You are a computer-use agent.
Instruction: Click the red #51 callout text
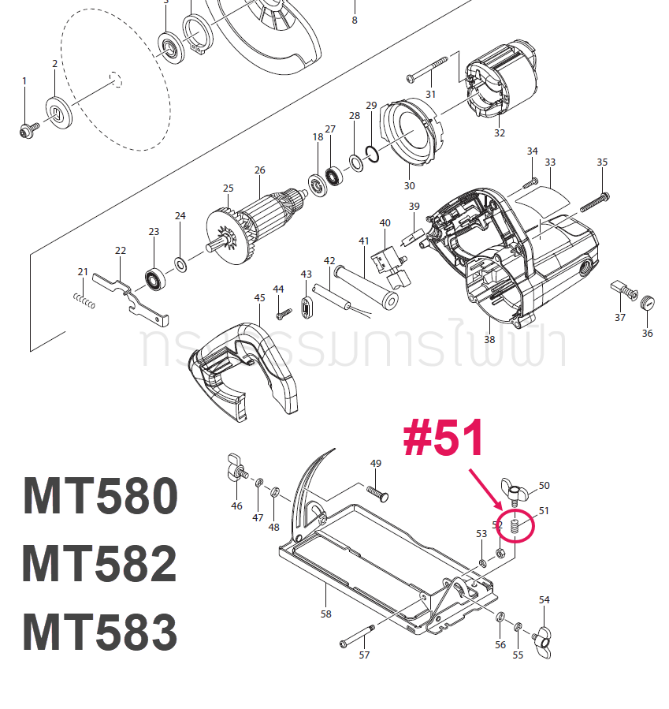pyautogui.click(x=442, y=438)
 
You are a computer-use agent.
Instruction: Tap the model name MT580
pyautogui.click(x=100, y=496)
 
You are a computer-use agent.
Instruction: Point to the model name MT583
pyautogui.click(x=100, y=632)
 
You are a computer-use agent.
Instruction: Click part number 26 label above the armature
pyautogui.click(x=260, y=170)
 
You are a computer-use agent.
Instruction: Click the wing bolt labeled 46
pyautogui.click(x=234, y=468)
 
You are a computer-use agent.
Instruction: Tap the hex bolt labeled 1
pyautogui.click(x=26, y=129)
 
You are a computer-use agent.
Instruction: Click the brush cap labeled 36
pyautogui.click(x=649, y=302)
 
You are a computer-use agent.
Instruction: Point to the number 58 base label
pyautogui.click(x=326, y=614)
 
